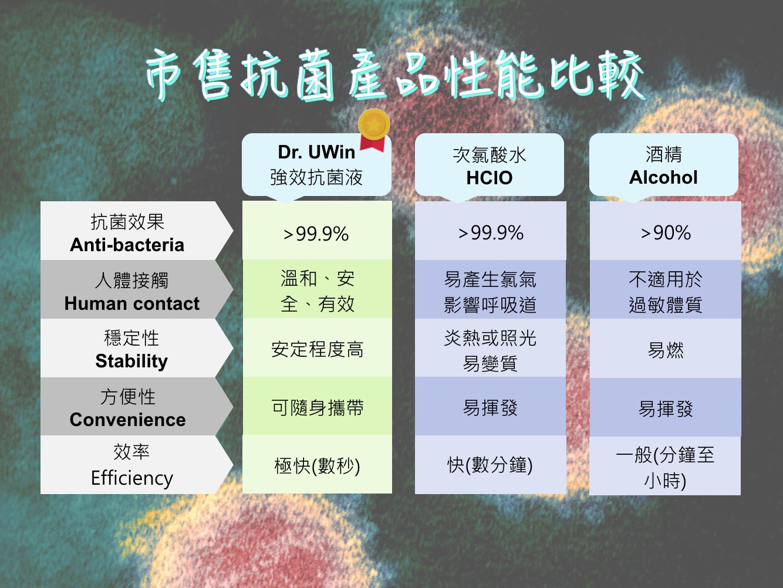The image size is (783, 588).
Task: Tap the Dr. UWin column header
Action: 316,165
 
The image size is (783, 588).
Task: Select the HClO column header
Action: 490,165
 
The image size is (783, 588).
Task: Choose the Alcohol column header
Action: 663,165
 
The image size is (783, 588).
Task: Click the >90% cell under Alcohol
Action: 665,231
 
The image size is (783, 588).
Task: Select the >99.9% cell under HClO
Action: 491,231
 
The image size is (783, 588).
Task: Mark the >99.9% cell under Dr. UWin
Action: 317,230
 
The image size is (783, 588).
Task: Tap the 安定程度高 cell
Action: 317,347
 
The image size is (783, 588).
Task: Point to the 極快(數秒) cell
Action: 317,464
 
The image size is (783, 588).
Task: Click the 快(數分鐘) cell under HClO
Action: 491,465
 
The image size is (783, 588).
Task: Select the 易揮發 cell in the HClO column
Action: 491,407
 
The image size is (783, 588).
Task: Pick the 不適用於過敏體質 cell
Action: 665,289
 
